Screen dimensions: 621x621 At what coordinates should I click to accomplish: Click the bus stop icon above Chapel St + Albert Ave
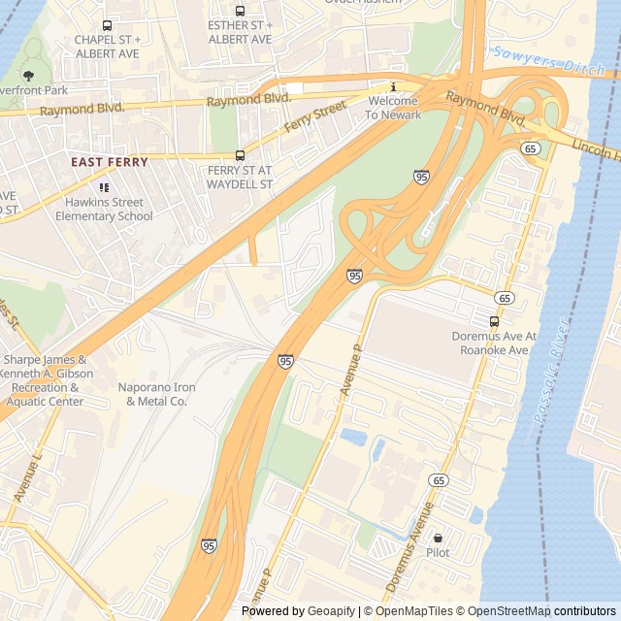(x=108, y=24)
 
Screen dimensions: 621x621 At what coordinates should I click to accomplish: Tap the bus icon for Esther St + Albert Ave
(x=240, y=11)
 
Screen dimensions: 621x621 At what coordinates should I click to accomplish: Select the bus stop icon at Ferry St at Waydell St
(x=240, y=155)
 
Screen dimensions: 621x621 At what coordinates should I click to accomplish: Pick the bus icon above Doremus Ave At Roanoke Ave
(x=495, y=321)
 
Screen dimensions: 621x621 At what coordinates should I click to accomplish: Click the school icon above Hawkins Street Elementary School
(x=104, y=187)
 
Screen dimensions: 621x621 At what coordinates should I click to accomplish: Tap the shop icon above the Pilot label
(x=438, y=538)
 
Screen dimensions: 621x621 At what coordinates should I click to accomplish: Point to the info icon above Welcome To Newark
(x=393, y=87)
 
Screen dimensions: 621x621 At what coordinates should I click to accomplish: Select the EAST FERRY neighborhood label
(x=110, y=162)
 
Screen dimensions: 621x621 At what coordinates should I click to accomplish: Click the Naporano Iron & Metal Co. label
(x=157, y=394)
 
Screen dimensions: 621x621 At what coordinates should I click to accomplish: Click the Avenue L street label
(x=28, y=476)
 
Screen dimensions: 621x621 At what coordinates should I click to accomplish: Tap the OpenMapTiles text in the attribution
(x=413, y=611)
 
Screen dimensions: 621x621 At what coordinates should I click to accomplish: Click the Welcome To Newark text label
(x=393, y=108)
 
